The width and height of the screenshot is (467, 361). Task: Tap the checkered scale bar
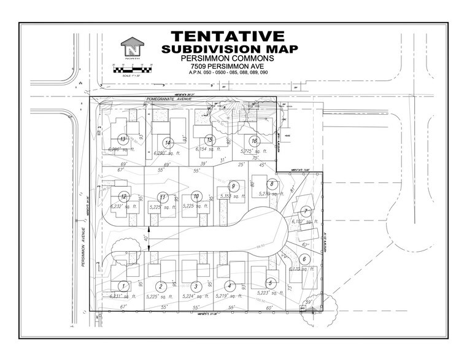(132, 70)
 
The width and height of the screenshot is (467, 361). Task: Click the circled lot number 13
(123, 139)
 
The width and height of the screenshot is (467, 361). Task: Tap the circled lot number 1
(123, 285)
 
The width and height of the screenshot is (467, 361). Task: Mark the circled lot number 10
(196, 196)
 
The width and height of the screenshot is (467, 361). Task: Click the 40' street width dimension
(145, 238)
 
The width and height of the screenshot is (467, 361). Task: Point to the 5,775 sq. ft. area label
(253, 151)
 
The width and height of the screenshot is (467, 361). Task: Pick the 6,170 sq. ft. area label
(301, 269)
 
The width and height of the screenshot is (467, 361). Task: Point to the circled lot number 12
(124, 196)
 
